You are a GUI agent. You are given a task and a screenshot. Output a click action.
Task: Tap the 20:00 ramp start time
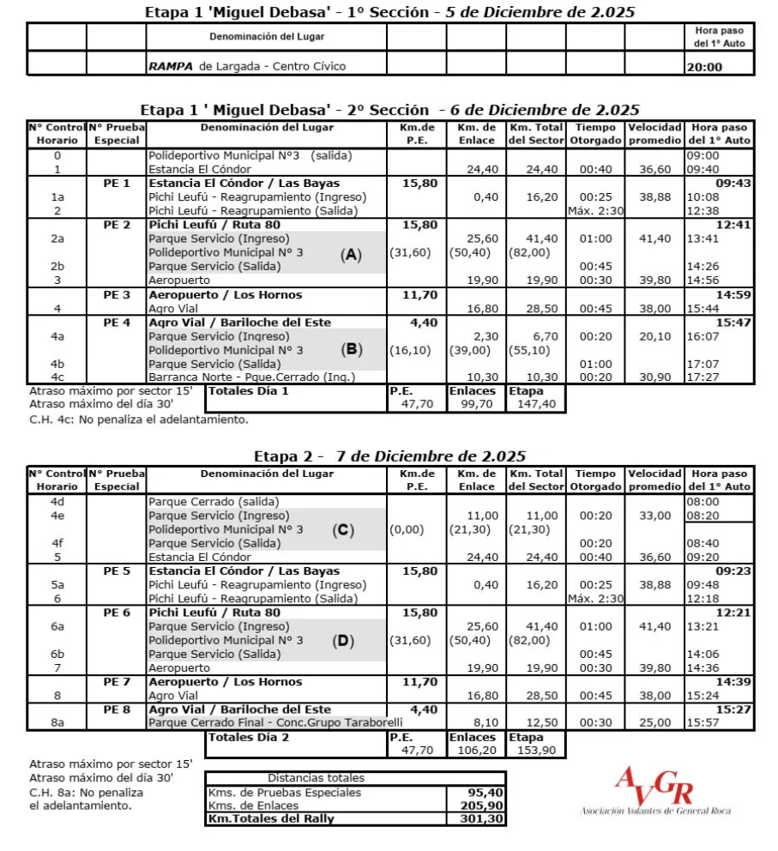point(704,67)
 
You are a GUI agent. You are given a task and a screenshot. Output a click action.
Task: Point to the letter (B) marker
point(351,350)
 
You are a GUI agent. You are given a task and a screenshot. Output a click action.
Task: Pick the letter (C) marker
point(343,529)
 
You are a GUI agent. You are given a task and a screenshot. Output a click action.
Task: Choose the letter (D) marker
point(343,640)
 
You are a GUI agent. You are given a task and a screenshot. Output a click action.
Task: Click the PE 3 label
point(117,294)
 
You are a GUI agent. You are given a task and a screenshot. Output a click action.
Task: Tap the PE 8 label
point(117,709)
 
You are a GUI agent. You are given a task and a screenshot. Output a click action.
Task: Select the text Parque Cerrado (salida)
point(213,502)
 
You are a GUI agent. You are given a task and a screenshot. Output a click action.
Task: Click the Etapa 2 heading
point(389,456)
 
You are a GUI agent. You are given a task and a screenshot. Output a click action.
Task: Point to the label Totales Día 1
point(250,390)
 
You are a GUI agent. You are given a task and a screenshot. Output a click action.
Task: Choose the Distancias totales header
point(316,778)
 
